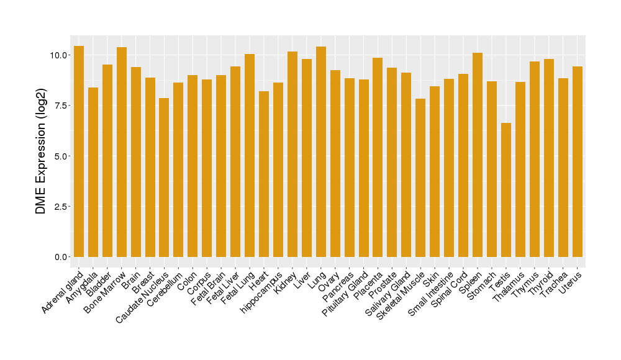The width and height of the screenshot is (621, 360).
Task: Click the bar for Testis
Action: click(x=506, y=190)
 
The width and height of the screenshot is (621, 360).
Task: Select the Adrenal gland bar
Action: click(x=79, y=151)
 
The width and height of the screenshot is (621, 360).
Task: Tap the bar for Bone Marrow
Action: click(x=122, y=152)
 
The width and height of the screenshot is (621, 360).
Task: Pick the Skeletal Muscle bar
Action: click(x=420, y=178)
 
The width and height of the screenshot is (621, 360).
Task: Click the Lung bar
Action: click(x=321, y=151)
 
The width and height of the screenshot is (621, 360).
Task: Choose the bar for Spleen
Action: click(x=478, y=155)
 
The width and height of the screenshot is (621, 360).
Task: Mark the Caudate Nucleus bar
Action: click(x=164, y=178)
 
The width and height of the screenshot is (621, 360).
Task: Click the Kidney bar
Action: click(x=292, y=154)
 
